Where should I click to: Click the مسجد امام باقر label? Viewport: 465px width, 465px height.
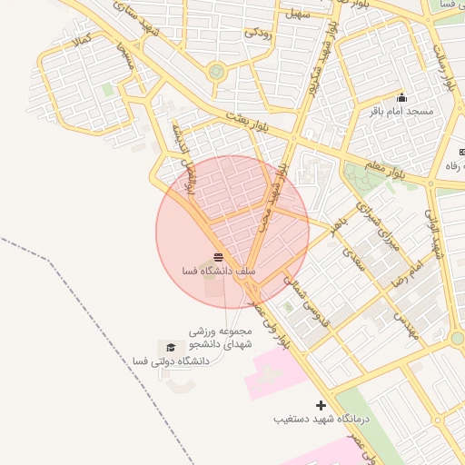point(401,111)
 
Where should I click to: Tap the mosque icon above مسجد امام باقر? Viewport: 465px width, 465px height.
point(401,97)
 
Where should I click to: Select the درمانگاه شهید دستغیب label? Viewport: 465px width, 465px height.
point(319,420)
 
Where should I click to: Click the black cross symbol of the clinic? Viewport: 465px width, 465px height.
point(320,405)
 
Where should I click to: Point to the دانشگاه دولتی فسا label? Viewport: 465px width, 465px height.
point(171,361)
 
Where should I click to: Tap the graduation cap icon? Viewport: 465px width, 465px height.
point(169,347)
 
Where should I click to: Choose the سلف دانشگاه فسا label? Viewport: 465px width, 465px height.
point(219,271)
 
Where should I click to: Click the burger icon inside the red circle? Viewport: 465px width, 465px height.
point(218,257)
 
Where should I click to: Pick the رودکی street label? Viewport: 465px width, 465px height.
point(257,33)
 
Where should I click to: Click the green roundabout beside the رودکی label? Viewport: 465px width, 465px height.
point(216,72)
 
